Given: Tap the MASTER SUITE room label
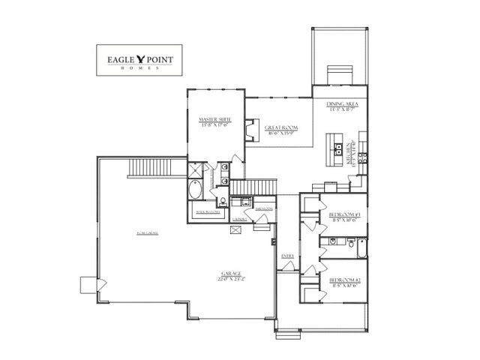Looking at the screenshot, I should pyautogui.click(x=214, y=122).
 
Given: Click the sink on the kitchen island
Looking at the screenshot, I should pyautogui.click(x=338, y=145).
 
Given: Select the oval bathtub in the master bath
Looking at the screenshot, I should pyautogui.click(x=195, y=191).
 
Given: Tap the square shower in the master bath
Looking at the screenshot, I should pyautogui.click(x=196, y=170).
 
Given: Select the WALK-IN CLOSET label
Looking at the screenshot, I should pyautogui.click(x=207, y=212).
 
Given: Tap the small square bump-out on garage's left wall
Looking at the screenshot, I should pyautogui.click(x=88, y=283).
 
